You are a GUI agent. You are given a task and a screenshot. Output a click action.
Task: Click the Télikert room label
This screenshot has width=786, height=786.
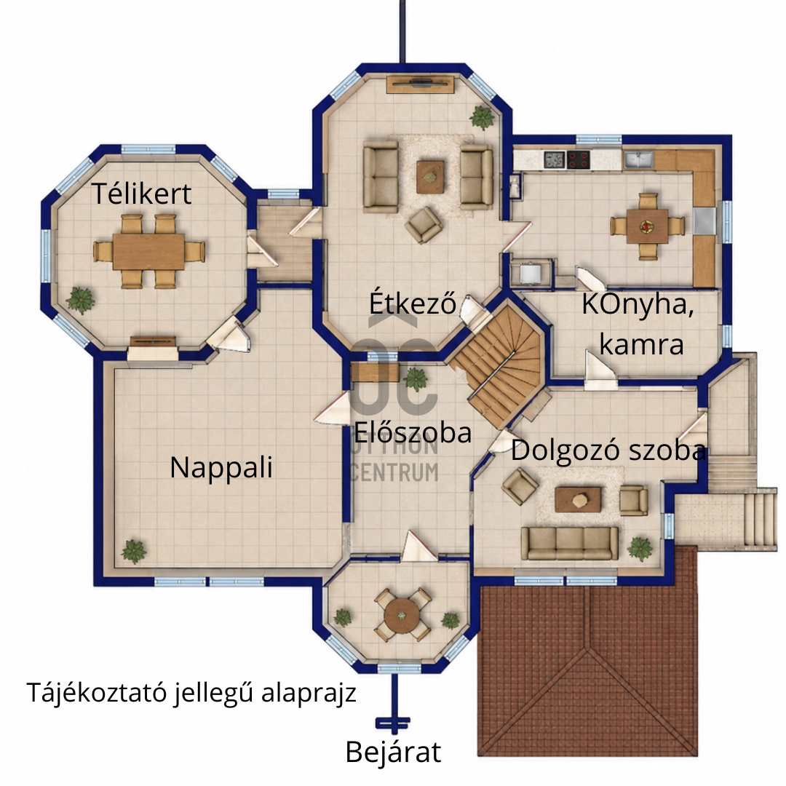pyautogui.click(x=141, y=194)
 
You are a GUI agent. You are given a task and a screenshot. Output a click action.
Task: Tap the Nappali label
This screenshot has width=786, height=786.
pyautogui.click(x=221, y=468)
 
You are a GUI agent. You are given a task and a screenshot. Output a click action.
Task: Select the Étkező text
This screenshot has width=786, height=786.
pyautogui.click(x=413, y=303)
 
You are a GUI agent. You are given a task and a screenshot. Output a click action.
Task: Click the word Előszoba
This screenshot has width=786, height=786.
pyautogui.click(x=413, y=432)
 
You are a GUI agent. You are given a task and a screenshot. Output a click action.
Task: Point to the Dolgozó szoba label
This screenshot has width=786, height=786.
pyautogui.click(x=608, y=450)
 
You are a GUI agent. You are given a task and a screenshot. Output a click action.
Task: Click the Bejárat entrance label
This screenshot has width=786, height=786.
pyautogui.click(x=393, y=752)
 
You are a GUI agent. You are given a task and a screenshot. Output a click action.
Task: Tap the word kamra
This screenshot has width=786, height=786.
pyautogui.click(x=641, y=344)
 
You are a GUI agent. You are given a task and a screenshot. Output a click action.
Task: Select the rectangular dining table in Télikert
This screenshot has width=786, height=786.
pyautogui.click(x=148, y=251)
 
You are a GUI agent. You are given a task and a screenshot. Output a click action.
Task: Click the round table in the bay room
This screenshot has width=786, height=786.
pyautogui.click(x=402, y=615)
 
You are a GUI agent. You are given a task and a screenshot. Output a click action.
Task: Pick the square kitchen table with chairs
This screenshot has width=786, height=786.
pyautogui.click(x=647, y=226)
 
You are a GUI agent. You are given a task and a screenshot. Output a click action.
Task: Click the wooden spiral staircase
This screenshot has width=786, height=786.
pyautogui.click(x=501, y=363)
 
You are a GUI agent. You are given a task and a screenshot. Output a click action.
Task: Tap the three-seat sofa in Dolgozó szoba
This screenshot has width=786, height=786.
pyautogui.click(x=569, y=543)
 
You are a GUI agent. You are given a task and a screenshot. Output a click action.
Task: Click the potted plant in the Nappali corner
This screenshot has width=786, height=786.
pyautogui.click(x=134, y=552)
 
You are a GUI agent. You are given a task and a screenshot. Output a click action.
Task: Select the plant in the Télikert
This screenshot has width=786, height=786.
pyautogui.click(x=80, y=301)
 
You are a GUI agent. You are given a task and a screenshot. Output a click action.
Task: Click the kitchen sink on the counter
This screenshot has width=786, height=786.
pyautogui.click(x=638, y=160)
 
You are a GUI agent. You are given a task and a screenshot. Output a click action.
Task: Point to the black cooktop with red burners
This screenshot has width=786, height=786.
pyautogui.click(x=578, y=160)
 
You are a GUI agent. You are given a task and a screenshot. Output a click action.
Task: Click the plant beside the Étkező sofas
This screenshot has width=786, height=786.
pyautogui.click(x=483, y=118)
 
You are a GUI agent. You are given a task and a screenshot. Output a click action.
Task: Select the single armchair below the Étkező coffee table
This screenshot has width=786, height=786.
pyautogui.click(x=424, y=225)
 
